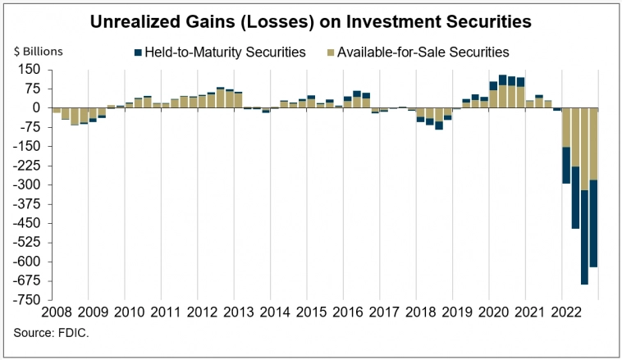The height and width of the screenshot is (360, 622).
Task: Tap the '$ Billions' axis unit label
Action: tap(39, 51)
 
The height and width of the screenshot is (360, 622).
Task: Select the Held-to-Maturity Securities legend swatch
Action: tap(138, 52)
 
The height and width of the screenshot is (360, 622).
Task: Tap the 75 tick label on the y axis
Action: tap(33, 88)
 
